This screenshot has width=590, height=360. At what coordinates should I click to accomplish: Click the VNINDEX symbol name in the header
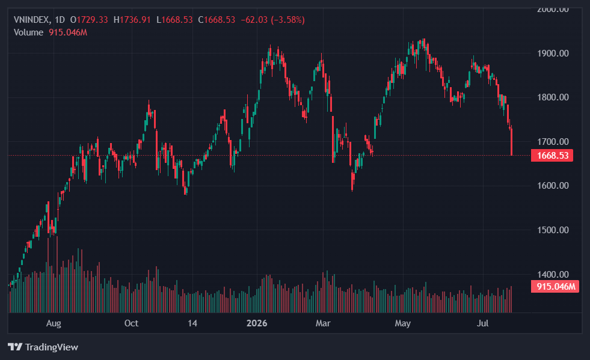(31, 20)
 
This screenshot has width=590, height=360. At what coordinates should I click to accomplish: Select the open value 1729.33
(92, 20)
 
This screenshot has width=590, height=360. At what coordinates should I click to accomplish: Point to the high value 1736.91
(135, 20)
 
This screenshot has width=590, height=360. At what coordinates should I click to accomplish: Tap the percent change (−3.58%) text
(288, 20)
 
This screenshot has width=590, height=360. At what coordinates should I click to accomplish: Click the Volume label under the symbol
(29, 32)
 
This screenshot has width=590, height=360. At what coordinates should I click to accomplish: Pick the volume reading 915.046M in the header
(68, 32)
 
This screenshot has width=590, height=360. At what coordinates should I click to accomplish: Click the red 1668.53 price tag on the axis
(552, 156)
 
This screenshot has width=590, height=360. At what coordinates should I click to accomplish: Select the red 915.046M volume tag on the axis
(555, 287)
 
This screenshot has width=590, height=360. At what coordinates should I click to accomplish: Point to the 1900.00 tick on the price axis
(553, 53)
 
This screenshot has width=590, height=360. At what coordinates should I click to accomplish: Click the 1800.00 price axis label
(553, 97)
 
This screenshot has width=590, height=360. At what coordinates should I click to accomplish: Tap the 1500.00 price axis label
(553, 230)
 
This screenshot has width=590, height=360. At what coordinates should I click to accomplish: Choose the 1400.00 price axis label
(553, 274)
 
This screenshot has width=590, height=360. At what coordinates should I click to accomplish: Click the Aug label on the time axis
(54, 323)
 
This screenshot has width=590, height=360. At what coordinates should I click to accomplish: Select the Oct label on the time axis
(131, 323)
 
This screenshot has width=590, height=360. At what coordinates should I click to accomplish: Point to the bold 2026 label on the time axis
(257, 323)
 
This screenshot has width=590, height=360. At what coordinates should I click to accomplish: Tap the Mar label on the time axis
(323, 323)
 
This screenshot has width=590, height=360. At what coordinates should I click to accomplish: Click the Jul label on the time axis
(483, 323)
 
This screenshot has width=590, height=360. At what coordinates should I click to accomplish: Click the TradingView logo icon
(15, 347)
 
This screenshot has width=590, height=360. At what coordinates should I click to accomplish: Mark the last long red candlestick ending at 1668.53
(511, 141)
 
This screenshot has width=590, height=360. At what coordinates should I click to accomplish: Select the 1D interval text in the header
(60, 20)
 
